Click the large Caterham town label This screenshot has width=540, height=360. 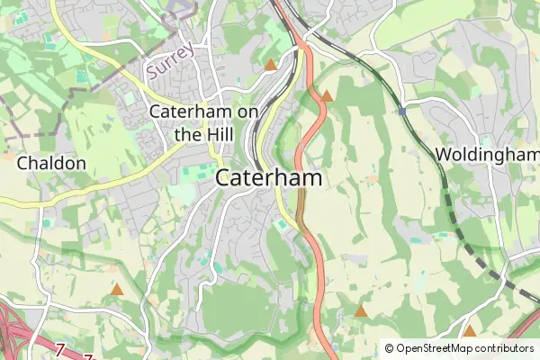pos(269,178)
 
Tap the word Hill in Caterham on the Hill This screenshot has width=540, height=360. pos(216,134)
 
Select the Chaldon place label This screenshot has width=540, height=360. pos(51,164)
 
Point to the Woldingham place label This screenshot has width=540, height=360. pos(486,155)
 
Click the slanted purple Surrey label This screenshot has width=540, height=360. pos(171,60)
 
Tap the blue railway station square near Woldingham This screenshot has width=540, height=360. pos(403,111)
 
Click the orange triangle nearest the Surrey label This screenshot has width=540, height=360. pos(271,65)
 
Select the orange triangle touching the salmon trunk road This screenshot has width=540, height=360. pos(327,95)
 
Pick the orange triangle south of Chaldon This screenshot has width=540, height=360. pos(117,290)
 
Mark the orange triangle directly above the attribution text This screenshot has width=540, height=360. pos(469,330)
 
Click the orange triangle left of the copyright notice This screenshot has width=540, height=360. pos(361,311)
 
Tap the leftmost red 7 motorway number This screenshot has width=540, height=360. pos(60,348)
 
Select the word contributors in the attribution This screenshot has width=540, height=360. pos(505,348)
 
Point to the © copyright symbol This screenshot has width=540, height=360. pos(390,348)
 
